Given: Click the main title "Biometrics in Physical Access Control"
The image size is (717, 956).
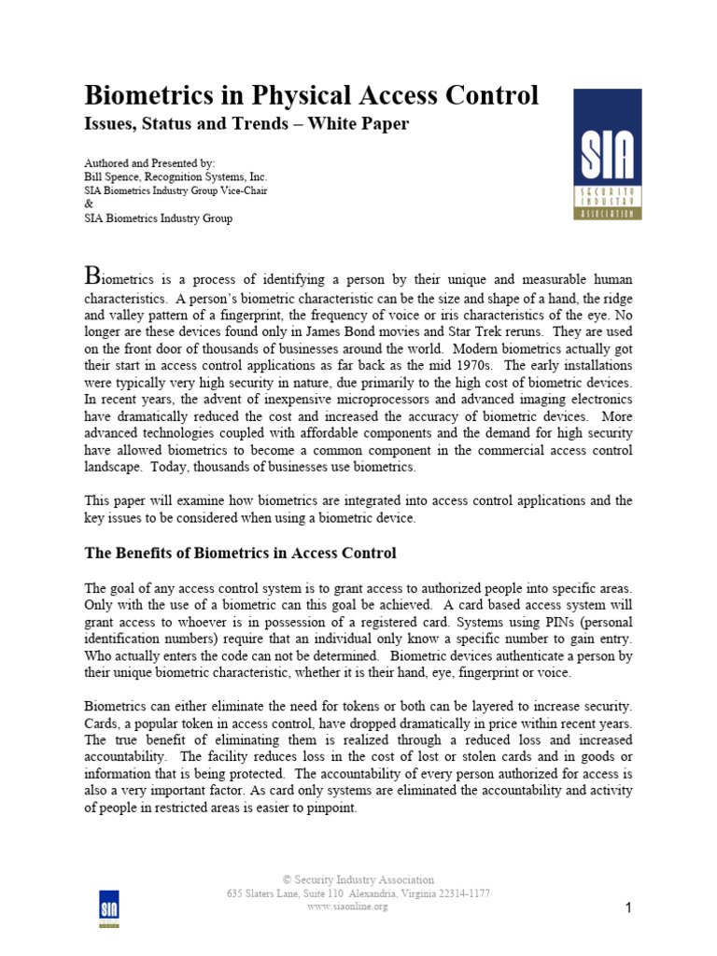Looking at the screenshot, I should [x=311, y=95].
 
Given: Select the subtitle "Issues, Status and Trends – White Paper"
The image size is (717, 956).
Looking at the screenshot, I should [x=246, y=123].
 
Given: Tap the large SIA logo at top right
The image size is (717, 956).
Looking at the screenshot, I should [x=606, y=154].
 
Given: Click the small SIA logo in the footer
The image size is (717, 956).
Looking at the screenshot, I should [x=109, y=907].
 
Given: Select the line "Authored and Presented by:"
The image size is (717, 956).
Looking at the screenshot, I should [x=149, y=162].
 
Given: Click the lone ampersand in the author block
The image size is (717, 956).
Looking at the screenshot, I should [x=89, y=204].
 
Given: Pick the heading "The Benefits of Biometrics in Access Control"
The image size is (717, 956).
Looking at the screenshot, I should [x=240, y=554].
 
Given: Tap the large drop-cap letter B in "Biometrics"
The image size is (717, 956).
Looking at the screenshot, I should [x=91, y=274].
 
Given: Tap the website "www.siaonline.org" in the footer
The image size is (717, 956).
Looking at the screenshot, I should [x=346, y=907].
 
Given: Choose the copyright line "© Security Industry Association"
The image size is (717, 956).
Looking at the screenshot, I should [x=358, y=879].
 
